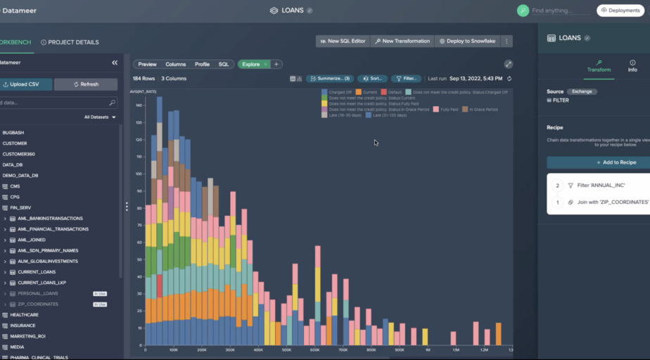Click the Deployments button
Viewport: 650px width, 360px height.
point(621,11)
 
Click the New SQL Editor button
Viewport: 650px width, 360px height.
point(343,41)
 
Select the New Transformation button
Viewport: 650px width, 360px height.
point(402,41)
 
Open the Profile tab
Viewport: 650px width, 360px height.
point(202,64)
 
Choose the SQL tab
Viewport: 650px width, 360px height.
point(224,64)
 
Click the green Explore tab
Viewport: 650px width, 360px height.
point(250,64)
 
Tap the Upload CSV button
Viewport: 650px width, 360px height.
point(24,84)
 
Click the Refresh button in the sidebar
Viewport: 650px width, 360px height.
point(86,84)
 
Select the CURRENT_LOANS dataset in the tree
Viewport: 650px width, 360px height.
point(37,272)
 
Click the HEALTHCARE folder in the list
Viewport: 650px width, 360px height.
point(25,315)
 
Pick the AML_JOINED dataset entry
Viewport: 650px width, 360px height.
point(33,240)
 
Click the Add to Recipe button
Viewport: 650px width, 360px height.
point(599,162)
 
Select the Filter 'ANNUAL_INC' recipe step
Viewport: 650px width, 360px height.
point(600,186)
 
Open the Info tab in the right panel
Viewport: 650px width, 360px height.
point(632,65)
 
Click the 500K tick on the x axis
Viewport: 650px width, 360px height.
point(286,349)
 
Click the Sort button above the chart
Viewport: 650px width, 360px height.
point(372,79)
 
